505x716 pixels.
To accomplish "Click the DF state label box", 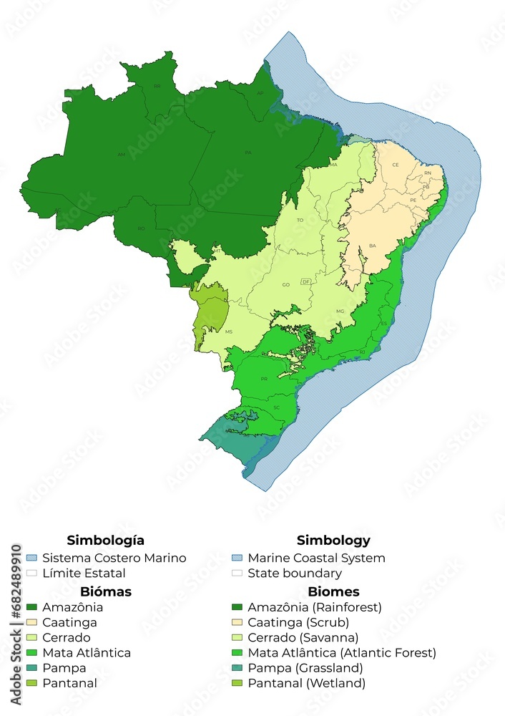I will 305,282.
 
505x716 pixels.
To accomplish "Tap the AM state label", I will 122,155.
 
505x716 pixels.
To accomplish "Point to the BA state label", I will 372,246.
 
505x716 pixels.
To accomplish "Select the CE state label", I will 395,165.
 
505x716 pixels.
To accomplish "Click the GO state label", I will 285,285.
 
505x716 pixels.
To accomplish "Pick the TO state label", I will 300,220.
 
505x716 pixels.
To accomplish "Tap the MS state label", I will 229,332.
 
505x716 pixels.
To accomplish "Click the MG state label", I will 340,311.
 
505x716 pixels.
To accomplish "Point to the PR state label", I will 264,379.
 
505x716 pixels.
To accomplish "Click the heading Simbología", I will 105,541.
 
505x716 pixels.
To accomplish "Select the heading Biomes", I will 333,592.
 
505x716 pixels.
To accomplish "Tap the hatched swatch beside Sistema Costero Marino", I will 31,558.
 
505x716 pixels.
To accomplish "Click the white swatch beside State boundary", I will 237,573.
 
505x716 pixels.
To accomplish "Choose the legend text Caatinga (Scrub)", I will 298,622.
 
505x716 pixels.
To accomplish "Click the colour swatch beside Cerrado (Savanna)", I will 237,637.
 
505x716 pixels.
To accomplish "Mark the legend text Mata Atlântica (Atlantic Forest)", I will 341,653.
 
